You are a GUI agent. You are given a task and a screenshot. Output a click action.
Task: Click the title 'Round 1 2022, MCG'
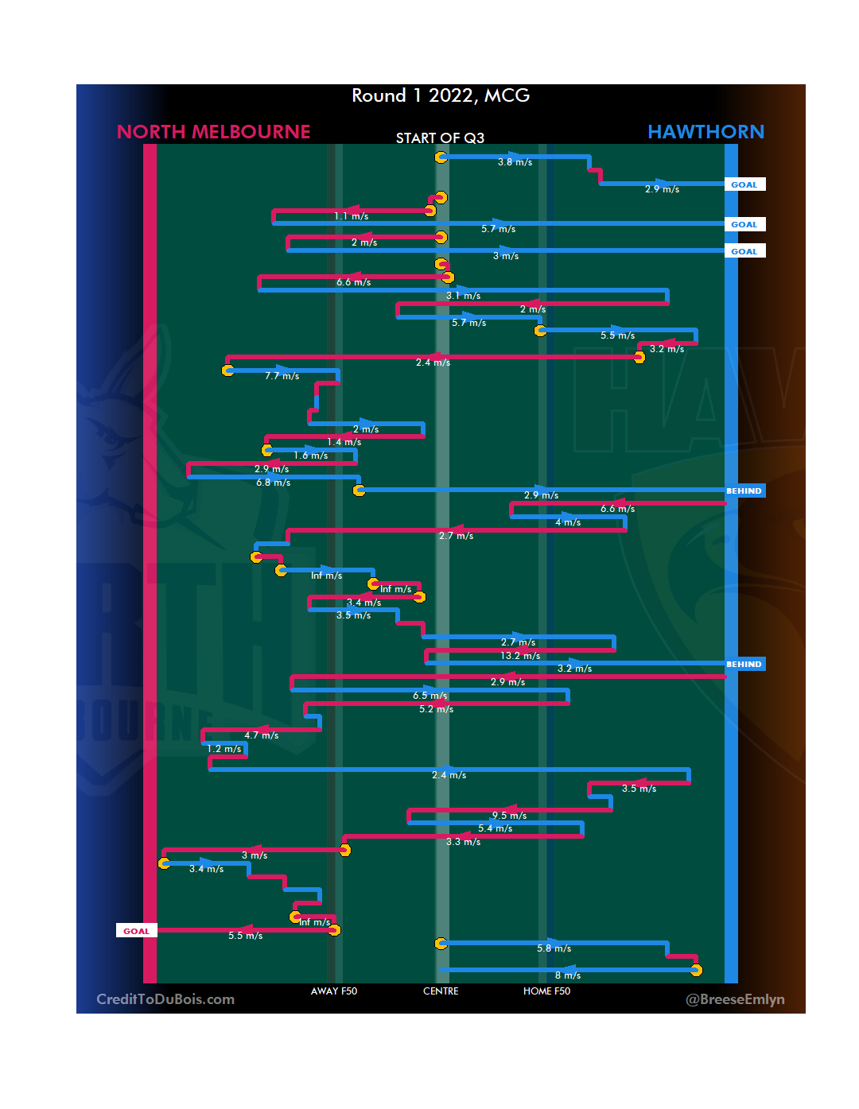tap(441, 95)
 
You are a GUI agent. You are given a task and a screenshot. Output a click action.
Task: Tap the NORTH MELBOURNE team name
tap(213, 132)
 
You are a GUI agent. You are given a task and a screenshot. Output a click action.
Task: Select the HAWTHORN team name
tap(705, 132)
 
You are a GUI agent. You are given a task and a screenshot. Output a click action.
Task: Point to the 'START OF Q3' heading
tap(440, 138)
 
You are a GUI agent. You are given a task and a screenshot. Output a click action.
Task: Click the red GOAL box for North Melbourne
tap(136, 931)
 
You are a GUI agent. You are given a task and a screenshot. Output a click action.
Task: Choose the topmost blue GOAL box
tap(744, 184)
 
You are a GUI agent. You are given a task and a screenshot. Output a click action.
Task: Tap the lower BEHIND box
tap(744, 664)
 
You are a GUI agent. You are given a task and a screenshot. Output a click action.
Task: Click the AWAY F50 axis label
tap(334, 991)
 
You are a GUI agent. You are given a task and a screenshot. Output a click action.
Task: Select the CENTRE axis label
tap(441, 991)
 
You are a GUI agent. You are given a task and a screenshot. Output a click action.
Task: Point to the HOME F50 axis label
tap(546, 991)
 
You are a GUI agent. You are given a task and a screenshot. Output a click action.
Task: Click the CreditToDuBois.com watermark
tap(165, 999)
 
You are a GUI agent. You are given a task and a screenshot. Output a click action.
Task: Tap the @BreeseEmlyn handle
tap(735, 999)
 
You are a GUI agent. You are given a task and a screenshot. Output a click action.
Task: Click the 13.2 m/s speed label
tap(520, 656)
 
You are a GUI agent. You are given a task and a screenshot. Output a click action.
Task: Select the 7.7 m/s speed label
tap(282, 376)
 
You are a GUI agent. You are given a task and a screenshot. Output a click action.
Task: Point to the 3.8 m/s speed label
tap(515, 162)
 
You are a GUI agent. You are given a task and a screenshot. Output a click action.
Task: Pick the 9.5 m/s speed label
tap(509, 816)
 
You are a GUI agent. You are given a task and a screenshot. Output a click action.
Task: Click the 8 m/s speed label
tap(568, 975)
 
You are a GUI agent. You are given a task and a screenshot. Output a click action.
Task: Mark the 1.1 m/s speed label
tap(352, 216)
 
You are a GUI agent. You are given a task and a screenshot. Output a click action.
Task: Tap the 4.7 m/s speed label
tap(262, 735)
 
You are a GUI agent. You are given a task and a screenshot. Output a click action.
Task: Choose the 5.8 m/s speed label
tap(554, 948)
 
